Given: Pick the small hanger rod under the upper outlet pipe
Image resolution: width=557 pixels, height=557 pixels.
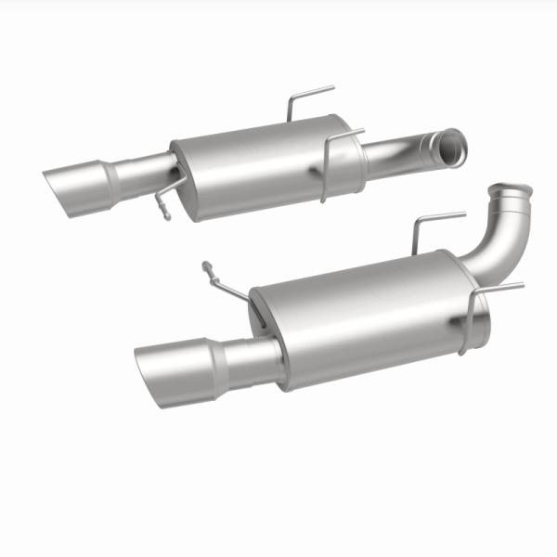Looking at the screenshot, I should tap(163, 200).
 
